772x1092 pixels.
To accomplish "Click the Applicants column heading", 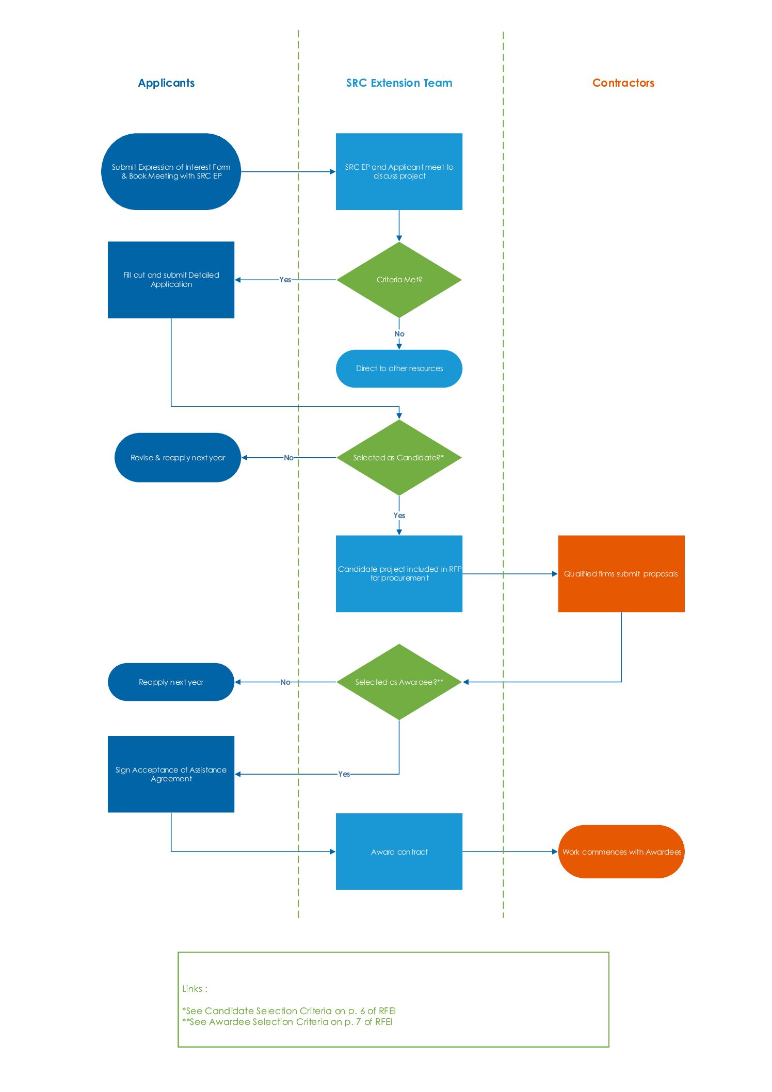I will [166, 83].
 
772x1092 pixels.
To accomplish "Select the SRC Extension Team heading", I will [399, 83].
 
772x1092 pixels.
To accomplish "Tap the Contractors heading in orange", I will [623, 83].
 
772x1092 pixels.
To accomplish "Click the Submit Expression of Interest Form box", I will [171, 172].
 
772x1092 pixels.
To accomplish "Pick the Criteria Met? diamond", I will [399, 280].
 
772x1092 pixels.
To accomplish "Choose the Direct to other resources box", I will [399, 368].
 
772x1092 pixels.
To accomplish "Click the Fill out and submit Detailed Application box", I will [171, 280].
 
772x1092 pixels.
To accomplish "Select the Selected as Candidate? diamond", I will [399, 458].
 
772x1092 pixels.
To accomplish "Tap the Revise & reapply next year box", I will [178, 458].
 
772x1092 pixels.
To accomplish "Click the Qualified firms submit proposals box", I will [621, 574].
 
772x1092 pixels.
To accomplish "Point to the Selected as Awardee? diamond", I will [399, 682].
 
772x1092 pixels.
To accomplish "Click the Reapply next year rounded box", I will [171, 682].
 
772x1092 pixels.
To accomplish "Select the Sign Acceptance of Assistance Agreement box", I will [171, 774].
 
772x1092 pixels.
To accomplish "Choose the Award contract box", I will [399, 852].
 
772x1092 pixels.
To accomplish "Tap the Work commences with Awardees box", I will [621, 852].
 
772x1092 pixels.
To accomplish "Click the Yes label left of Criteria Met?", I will [285, 280].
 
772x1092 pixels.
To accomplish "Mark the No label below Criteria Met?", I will [399, 334].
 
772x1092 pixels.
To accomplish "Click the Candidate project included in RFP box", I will [399, 574].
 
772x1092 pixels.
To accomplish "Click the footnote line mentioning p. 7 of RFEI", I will [287, 1022].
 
